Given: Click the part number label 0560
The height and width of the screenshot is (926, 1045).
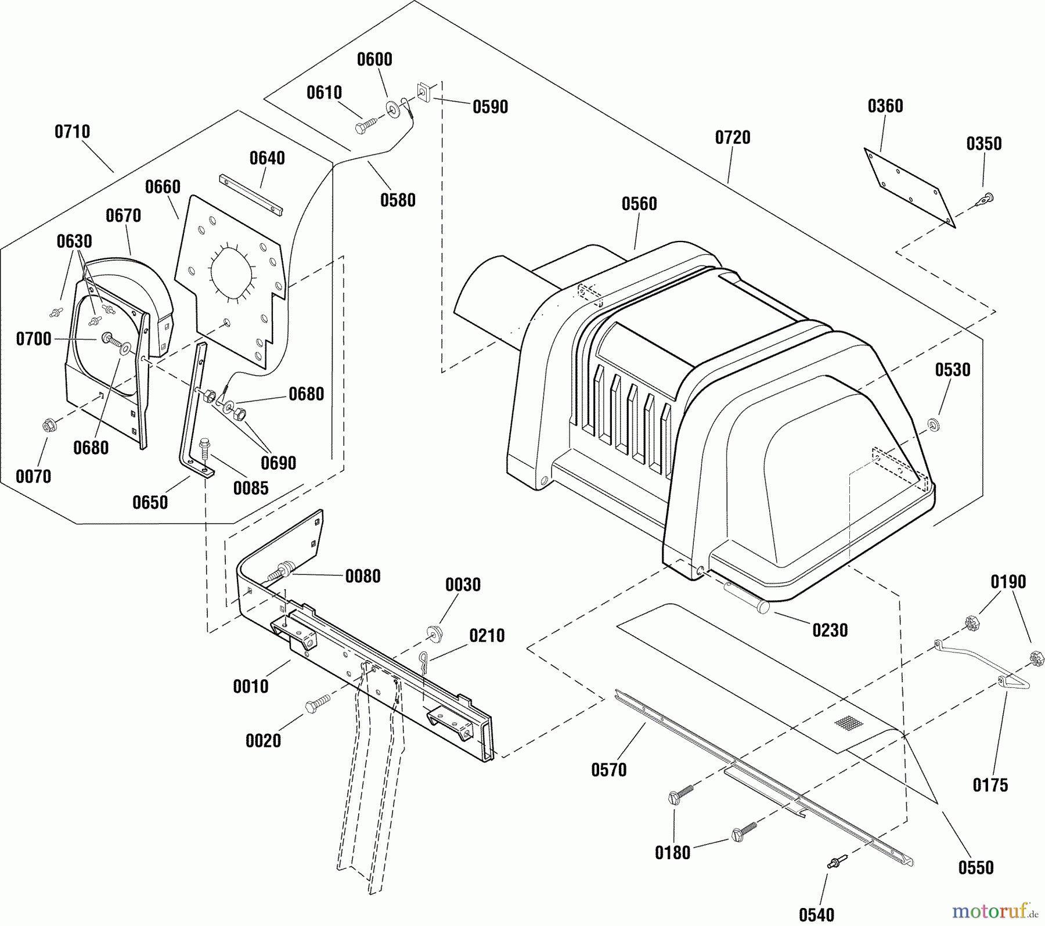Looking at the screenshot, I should [639, 204].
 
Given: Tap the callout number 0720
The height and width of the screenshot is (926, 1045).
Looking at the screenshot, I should [733, 138].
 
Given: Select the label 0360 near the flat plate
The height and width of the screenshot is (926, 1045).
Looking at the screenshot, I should [885, 106].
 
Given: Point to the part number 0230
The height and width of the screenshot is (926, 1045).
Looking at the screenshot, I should [830, 630].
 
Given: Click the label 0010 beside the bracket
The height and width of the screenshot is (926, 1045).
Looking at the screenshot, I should [251, 686].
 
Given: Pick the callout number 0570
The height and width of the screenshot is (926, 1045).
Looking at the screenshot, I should [609, 770].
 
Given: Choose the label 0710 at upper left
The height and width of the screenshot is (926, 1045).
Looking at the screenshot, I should [73, 132].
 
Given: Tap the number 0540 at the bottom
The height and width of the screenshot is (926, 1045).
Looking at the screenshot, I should [817, 914].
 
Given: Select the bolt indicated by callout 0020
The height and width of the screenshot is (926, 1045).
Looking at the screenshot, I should [317, 701].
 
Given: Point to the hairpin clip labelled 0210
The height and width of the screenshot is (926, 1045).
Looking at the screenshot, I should [424, 661].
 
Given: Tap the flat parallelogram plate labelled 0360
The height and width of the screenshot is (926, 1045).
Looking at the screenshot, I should [909, 186].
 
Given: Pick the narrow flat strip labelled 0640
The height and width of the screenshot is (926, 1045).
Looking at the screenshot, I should [251, 194].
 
